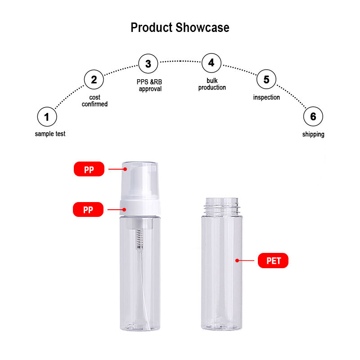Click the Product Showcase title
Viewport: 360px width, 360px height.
point(180,28)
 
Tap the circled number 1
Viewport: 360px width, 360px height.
point(47,117)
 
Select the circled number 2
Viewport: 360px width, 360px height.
point(94,80)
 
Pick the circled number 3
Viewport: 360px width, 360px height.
point(148,63)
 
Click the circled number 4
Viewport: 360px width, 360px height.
point(211,63)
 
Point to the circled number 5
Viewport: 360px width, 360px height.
point(266,79)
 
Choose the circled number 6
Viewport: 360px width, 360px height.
point(313,117)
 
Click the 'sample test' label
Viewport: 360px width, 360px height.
point(50,134)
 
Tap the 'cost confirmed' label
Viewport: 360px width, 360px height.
point(94,101)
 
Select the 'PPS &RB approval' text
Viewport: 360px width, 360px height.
point(149,85)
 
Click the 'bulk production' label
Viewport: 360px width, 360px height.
point(212,84)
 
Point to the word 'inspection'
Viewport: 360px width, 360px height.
point(266,97)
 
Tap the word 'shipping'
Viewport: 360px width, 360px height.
point(313,134)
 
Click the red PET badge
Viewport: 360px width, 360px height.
point(273,261)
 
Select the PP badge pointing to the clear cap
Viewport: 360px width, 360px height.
point(89,169)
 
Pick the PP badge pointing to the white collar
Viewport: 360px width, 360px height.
point(88,209)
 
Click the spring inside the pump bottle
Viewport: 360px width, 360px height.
point(139,239)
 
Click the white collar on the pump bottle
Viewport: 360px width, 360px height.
point(140,207)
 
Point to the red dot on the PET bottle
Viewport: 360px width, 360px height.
point(237,261)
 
